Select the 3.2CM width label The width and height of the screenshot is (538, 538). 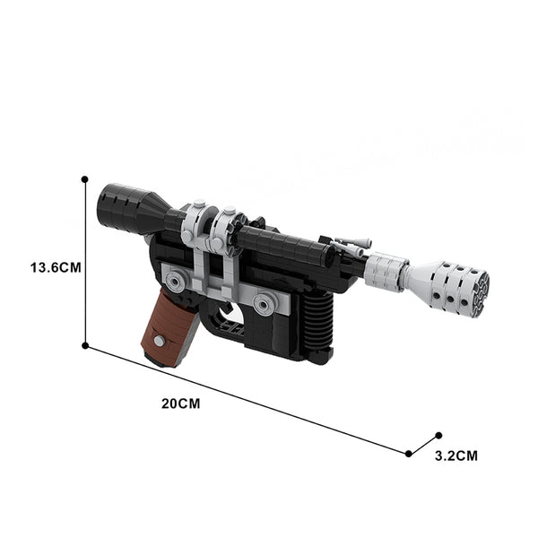click(456, 456)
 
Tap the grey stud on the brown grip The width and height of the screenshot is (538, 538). click(160, 342)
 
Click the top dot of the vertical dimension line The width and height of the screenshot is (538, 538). click(85, 179)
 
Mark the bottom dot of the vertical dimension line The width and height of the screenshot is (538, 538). click(85, 345)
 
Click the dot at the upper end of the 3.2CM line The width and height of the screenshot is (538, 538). click(438, 436)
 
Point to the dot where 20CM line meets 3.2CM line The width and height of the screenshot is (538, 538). click(408, 454)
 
